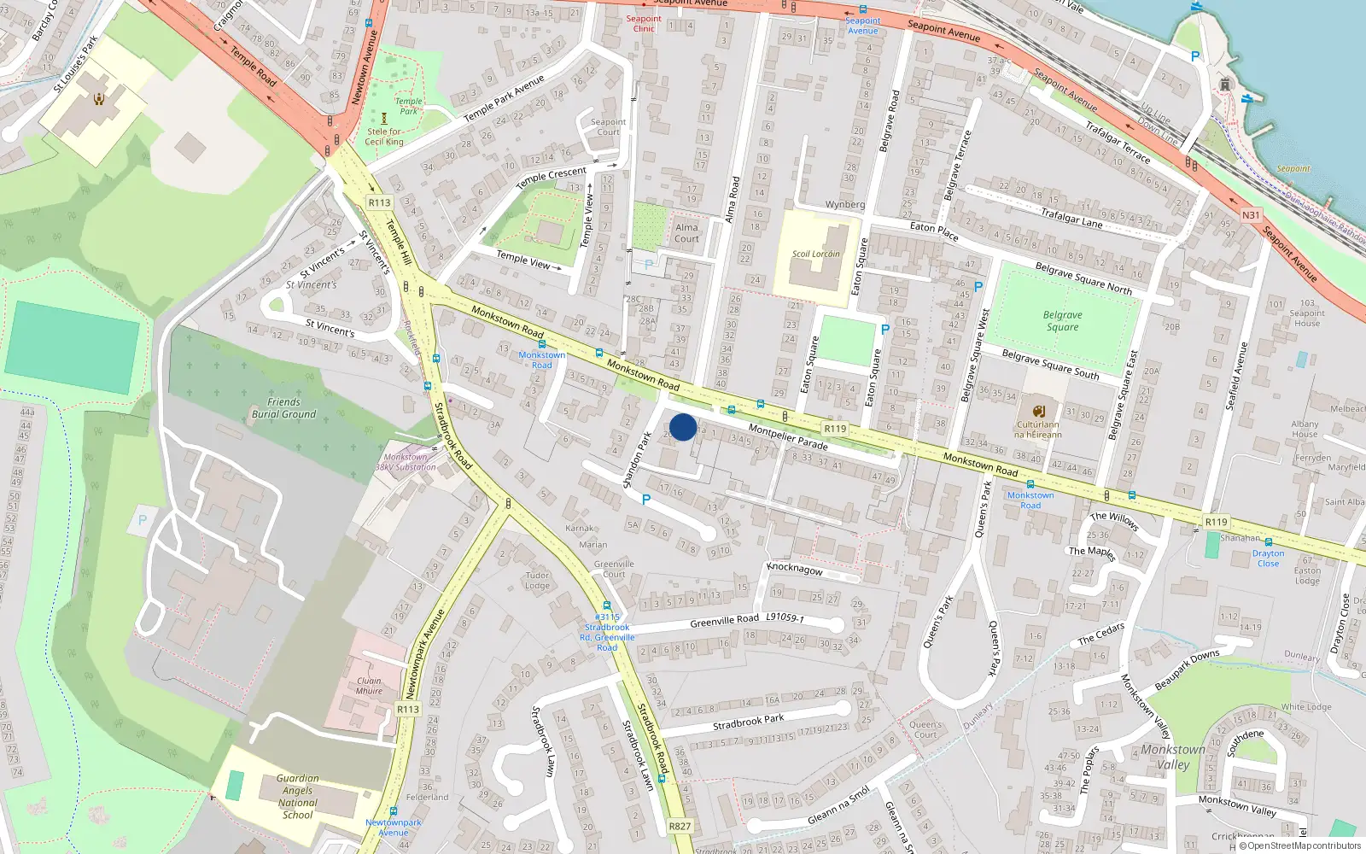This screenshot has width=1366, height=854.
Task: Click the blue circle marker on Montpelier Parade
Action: (x=683, y=427)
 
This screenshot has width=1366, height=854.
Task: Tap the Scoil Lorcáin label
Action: (x=816, y=254)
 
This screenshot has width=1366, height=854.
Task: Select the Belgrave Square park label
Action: (x=1062, y=321)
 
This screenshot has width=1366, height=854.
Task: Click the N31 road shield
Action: (x=1251, y=215)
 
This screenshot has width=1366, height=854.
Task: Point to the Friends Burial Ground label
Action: (x=283, y=408)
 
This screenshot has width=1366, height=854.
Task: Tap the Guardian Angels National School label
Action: (x=297, y=796)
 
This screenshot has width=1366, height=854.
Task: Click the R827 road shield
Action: (x=680, y=826)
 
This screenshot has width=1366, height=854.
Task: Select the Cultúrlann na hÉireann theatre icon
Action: (x=1038, y=411)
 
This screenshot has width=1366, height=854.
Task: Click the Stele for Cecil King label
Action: (x=384, y=137)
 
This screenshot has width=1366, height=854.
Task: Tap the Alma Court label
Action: (x=686, y=233)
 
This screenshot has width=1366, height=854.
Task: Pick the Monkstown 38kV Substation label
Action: (x=406, y=462)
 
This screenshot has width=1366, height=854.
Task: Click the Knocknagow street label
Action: (x=795, y=569)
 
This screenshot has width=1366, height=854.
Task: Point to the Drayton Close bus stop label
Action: (x=1268, y=559)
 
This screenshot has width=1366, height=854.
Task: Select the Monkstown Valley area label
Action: (x=1173, y=757)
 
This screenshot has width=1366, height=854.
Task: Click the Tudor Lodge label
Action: (x=537, y=580)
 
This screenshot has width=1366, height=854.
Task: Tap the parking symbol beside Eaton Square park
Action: (x=885, y=329)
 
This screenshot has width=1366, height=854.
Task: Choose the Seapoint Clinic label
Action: (x=643, y=23)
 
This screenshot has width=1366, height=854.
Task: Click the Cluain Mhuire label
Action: (x=369, y=686)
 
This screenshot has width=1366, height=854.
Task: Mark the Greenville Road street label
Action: (x=724, y=621)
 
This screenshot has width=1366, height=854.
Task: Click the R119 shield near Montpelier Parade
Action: (x=835, y=429)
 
